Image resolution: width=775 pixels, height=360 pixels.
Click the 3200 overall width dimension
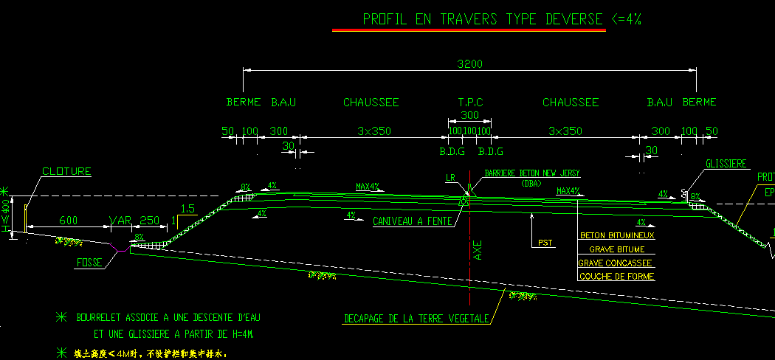coord(469,64)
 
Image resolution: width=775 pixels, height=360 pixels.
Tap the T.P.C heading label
coord(469,103)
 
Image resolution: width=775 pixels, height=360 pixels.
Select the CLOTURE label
coord(66,172)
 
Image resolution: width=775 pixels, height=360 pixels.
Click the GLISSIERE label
coord(726,164)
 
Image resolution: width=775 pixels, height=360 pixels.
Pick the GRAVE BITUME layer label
coord(616,249)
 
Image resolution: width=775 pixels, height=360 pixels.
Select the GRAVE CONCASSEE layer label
coord(616,263)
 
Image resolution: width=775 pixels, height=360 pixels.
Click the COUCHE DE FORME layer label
coord(616,277)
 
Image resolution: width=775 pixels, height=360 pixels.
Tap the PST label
coord(545,242)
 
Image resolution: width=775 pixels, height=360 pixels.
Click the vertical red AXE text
coord(478,251)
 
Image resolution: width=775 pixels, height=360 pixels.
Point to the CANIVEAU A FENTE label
coord(412,221)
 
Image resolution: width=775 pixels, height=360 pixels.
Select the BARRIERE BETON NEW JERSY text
coord(532,173)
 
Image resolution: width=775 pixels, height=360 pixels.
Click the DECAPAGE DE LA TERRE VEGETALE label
coord(416,319)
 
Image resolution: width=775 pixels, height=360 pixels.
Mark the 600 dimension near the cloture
coord(69,221)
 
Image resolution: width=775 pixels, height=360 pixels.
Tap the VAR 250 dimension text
coord(134,221)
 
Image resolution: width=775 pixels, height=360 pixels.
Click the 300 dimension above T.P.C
coord(469,116)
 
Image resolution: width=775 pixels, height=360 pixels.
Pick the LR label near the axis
coord(450,178)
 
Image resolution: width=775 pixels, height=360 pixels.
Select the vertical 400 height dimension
coord(7,212)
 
